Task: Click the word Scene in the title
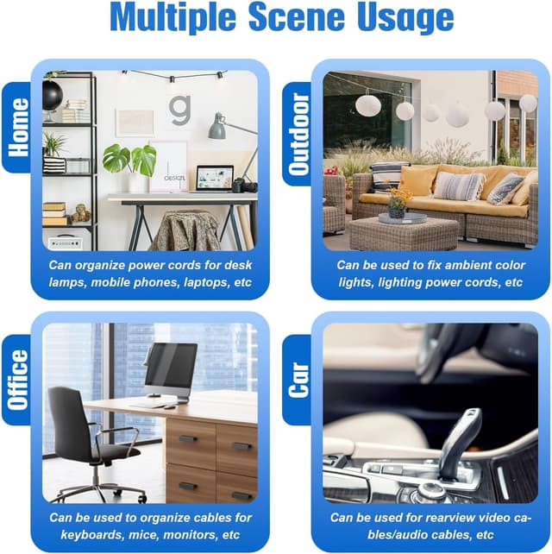tap(297, 17)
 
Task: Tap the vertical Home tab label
tap(18, 127)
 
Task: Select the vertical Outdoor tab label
tap(298, 135)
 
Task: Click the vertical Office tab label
tap(18, 381)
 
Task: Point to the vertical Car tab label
tap(298, 381)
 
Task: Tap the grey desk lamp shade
tap(216, 127)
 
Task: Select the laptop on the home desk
tap(214, 179)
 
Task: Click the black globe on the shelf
tap(52, 95)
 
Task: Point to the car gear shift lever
tap(461, 442)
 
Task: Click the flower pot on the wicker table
tap(397, 213)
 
